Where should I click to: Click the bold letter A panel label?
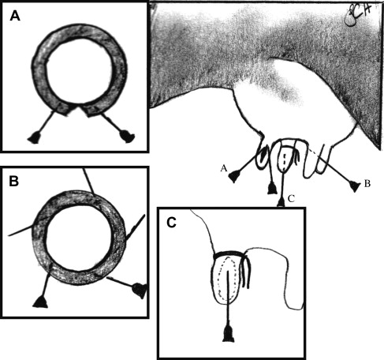(x=15, y=16)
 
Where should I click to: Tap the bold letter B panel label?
(x=14, y=181)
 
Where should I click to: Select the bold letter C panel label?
(x=171, y=223)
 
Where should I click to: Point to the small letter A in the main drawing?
(x=224, y=168)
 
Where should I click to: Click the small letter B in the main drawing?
(x=367, y=184)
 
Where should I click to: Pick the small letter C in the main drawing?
(x=291, y=199)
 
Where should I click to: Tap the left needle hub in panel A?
(x=35, y=137)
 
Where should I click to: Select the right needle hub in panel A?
(x=127, y=136)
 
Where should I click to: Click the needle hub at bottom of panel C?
(x=228, y=333)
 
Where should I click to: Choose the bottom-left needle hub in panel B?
(x=40, y=302)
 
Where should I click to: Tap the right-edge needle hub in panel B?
(x=140, y=291)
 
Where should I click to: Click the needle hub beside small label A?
(x=233, y=177)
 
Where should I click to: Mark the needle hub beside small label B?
(x=354, y=186)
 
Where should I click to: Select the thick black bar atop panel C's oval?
(x=228, y=254)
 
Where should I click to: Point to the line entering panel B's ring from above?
(x=89, y=182)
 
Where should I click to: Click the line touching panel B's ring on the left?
(x=21, y=231)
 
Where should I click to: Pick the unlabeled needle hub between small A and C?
(x=272, y=189)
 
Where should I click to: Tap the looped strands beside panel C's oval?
(x=245, y=271)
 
